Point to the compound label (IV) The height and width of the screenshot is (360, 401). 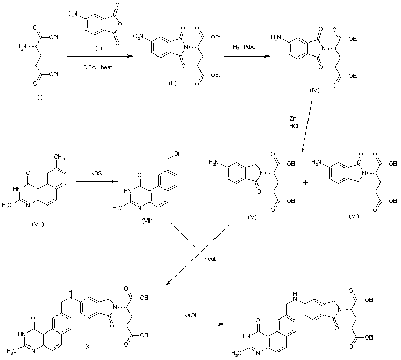(x=315, y=90)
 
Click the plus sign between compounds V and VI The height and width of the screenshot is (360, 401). (x=305, y=183)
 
